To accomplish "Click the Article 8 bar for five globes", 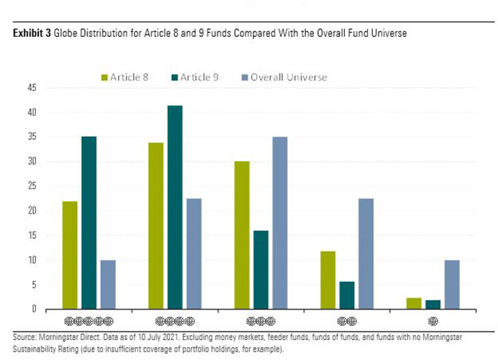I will click(70, 255).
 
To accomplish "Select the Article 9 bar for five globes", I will click(89, 223).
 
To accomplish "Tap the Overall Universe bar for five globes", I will click(107, 284).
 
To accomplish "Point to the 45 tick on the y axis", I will click(32, 88).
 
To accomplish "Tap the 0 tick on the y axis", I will click(34, 309).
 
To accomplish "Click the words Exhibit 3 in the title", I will click(31, 36).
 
